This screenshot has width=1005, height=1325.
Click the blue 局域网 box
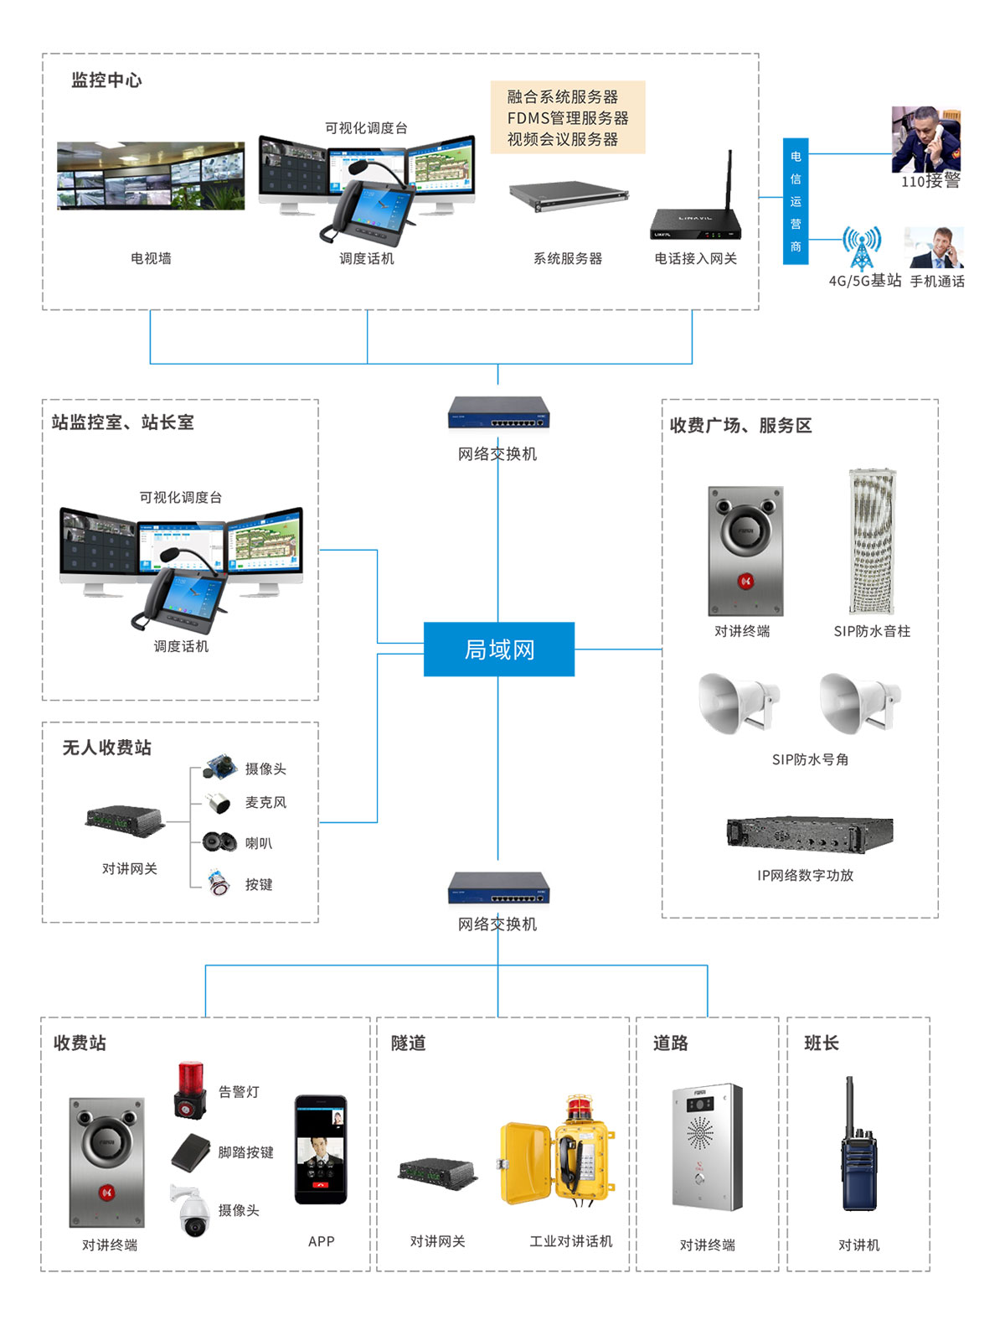click(x=499, y=649)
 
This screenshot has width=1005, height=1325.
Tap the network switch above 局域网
click(x=498, y=413)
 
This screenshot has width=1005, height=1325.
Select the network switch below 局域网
click(x=498, y=888)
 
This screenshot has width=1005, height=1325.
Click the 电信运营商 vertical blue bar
click(x=796, y=201)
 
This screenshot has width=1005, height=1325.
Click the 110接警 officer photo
click(x=925, y=140)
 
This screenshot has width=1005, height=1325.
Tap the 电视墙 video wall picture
click(x=151, y=176)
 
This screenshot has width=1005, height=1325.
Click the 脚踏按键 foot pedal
click(x=191, y=1152)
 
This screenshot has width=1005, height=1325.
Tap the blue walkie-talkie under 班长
click(x=858, y=1148)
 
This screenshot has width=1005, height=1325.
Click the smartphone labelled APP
click(x=321, y=1149)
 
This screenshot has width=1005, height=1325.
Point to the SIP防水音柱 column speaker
click(x=872, y=542)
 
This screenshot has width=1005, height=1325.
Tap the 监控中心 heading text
click(x=106, y=80)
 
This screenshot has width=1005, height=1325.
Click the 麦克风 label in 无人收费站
click(x=265, y=803)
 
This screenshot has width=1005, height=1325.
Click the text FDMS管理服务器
click(x=568, y=118)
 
